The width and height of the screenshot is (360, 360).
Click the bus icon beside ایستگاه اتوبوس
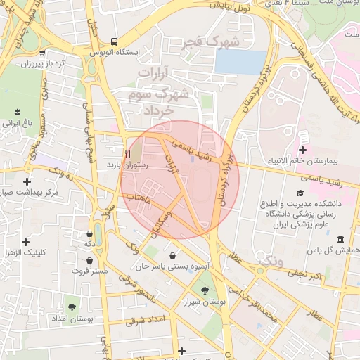(114, 41)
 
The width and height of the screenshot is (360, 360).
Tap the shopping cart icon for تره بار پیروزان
(43, 52)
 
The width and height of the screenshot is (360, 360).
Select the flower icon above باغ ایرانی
(17, 112)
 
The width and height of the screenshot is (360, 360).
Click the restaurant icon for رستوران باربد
(127, 153)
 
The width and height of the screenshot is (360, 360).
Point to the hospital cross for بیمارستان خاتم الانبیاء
(302, 150)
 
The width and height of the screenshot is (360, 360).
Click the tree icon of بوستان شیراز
(205, 290)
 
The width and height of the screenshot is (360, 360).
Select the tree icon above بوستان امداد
(71, 307)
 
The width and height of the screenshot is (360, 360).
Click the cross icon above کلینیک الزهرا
(26, 242)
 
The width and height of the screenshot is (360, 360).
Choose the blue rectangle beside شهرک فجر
(240, 62)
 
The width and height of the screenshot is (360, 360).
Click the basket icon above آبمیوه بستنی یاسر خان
(173, 255)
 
